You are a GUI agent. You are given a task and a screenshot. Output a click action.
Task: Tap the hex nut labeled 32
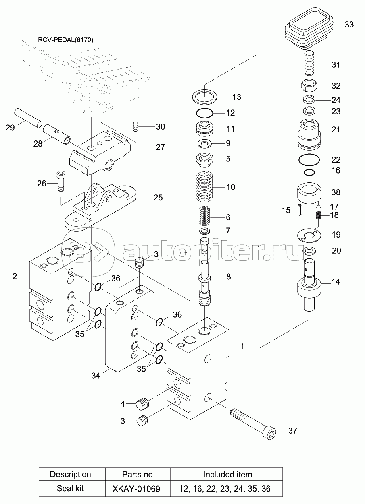point(309,85)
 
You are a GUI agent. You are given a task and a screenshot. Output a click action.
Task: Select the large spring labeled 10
point(204,186)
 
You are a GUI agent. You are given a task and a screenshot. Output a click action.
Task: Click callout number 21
point(336,130)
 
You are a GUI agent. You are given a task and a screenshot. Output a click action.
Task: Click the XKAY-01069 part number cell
point(138,488)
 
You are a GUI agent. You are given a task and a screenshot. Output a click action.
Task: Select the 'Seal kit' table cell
point(70,488)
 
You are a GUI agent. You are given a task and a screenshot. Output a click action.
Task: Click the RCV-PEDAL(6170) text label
point(66,40)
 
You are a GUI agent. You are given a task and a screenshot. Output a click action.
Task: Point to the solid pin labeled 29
point(28,118)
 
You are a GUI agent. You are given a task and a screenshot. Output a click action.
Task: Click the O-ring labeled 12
point(204,113)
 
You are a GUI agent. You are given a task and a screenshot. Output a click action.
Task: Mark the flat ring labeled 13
point(204,97)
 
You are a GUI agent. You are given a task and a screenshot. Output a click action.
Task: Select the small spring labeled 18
point(318,216)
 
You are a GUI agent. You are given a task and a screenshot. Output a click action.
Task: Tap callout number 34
point(96,375)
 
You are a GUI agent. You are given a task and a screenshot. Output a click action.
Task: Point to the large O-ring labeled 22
point(309,160)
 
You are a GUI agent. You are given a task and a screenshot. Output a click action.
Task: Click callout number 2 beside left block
point(15,276)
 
